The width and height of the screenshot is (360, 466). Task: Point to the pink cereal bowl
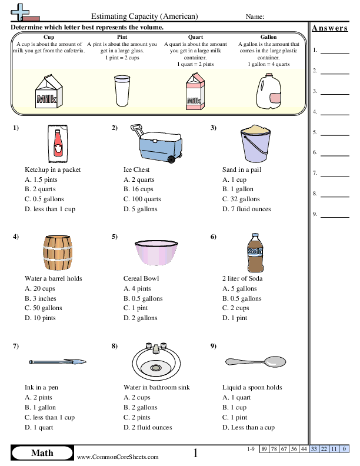156,252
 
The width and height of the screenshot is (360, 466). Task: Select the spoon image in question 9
255,361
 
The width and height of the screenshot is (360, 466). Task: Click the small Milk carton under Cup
46,92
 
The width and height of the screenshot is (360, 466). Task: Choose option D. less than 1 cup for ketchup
50,209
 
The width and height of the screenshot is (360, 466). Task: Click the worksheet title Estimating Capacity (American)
145,16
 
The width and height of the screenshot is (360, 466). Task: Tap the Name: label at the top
254,17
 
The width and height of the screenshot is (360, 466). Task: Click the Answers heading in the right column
329,28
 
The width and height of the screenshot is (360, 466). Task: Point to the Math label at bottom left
42,452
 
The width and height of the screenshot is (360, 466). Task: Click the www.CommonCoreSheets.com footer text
117,457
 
